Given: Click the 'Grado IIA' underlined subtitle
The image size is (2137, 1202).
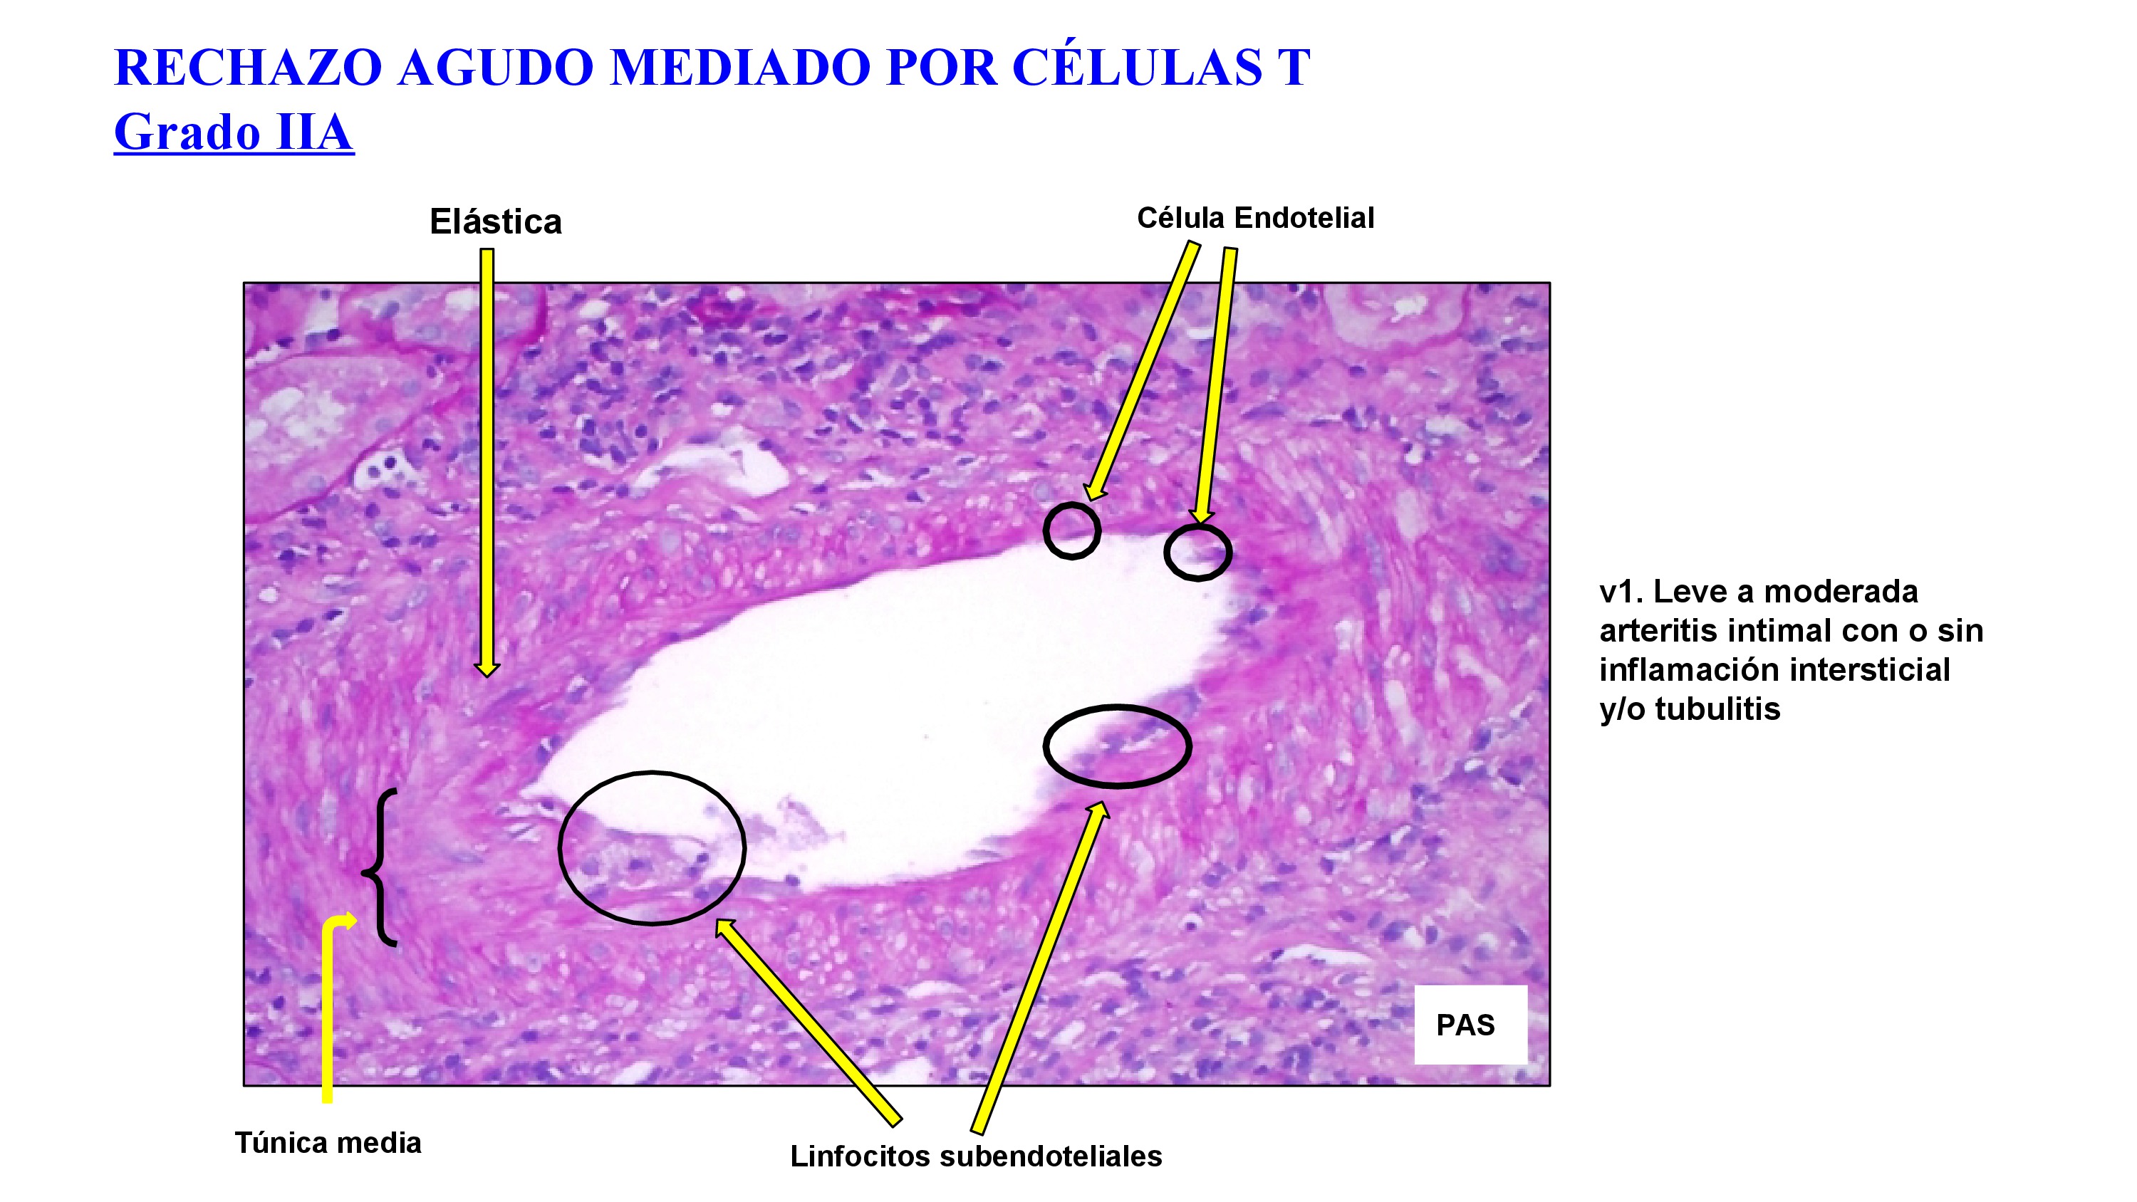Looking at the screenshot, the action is pyautogui.click(x=234, y=132).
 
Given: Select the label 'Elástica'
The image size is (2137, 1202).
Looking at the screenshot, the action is pyautogui.click(x=495, y=222).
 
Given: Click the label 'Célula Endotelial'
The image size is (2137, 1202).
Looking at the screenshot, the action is pyautogui.click(x=1254, y=218).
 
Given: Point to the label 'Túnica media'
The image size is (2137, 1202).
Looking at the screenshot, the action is pyautogui.click(x=328, y=1143).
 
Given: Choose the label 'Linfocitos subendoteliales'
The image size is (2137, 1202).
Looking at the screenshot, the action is pyautogui.click(x=976, y=1156).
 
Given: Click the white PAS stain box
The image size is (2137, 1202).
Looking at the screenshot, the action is pyautogui.click(x=1469, y=1025).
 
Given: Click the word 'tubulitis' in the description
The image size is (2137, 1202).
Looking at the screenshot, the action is pyautogui.click(x=1717, y=710).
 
